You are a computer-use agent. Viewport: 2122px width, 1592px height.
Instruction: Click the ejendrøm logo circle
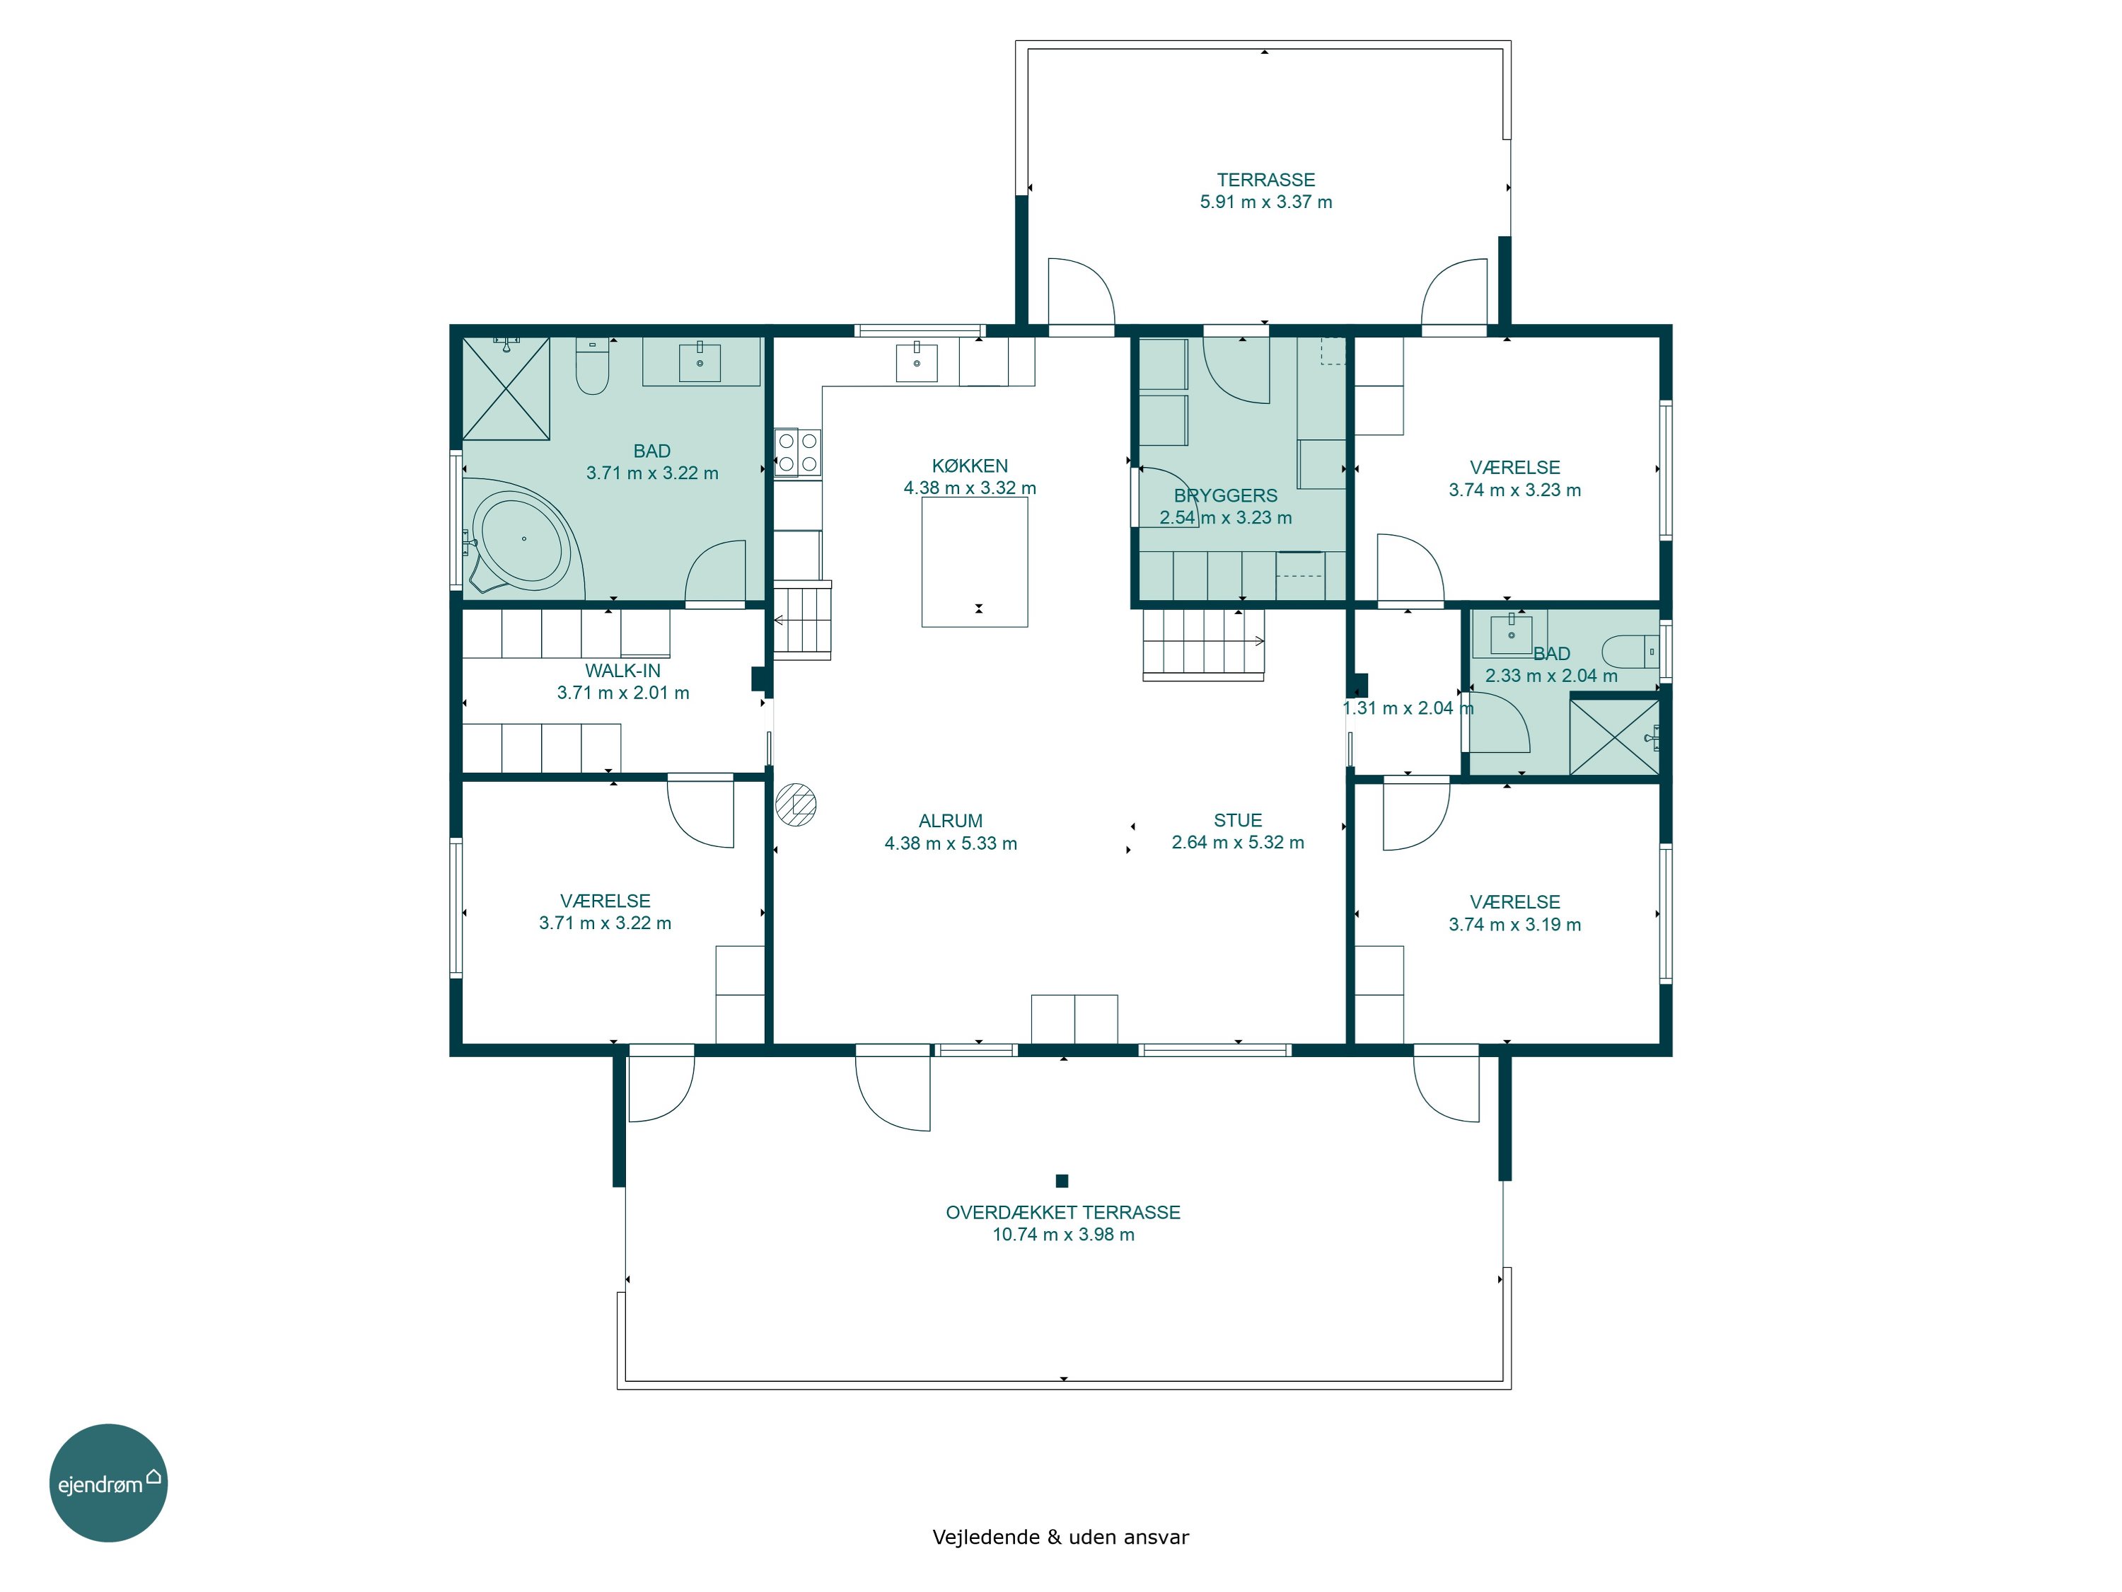(108, 1482)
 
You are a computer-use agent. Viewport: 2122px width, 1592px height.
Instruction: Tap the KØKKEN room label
(970, 466)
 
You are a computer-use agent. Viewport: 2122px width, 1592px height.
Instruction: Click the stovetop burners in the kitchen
(798, 453)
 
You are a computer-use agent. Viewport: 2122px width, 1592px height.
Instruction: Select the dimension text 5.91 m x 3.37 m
(1265, 202)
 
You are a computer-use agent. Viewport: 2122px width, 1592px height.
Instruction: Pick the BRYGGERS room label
(1225, 496)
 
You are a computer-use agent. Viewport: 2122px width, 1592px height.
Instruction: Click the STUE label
(1238, 821)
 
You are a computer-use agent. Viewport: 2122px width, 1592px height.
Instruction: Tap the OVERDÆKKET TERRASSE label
(1063, 1213)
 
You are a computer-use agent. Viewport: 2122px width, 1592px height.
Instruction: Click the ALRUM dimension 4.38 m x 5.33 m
(951, 843)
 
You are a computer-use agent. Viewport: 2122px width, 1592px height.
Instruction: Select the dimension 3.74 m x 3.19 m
(1515, 925)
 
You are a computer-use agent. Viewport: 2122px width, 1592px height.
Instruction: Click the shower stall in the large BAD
(506, 388)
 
